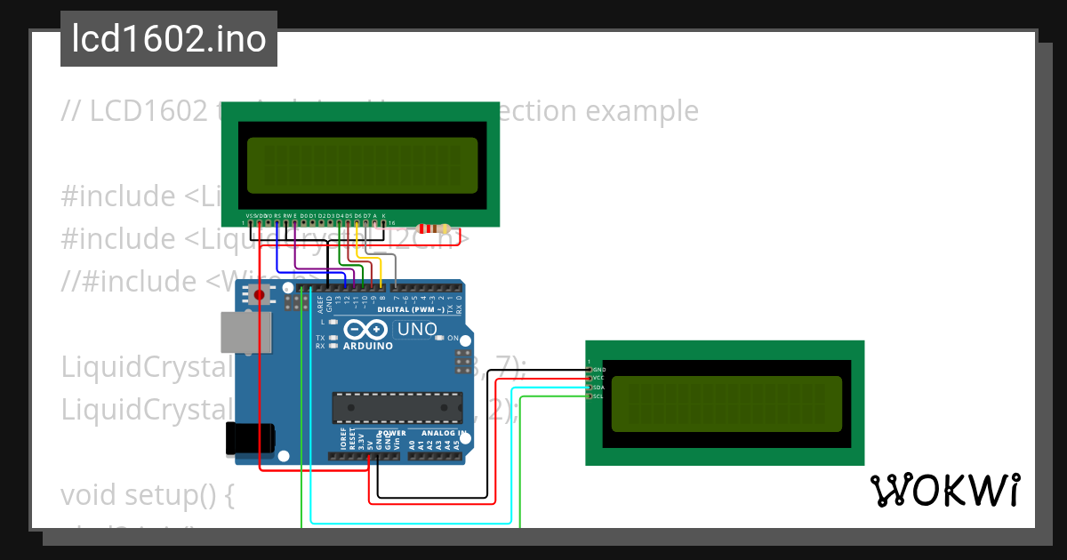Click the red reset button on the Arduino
(259, 294)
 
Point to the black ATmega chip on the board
(397, 406)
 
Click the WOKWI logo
(944, 490)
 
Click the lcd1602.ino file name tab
(169, 39)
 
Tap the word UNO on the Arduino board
(417, 330)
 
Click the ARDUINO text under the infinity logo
(367, 346)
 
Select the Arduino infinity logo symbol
(359, 329)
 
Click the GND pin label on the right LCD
(599, 369)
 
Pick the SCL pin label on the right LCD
(598, 396)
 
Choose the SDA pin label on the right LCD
(598, 388)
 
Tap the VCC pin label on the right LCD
(598, 378)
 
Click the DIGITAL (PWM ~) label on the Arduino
(411, 309)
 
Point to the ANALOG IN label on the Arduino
(437, 434)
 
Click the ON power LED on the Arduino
(441, 339)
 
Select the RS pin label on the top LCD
(277, 216)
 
